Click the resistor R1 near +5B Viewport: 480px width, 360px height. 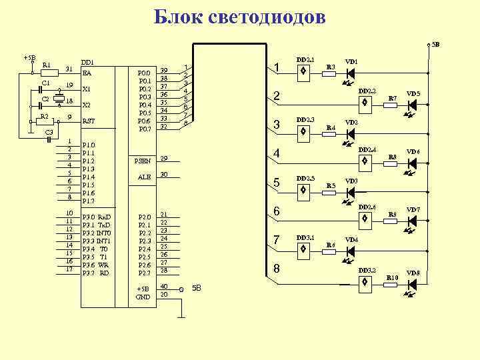(46, 72)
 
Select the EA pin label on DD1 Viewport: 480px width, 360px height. (86, 73)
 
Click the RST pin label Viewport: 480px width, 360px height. (88, 121)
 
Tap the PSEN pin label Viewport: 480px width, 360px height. (143, 161)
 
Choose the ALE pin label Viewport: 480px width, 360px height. (144, 177)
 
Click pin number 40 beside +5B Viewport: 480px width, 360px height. (164, 287)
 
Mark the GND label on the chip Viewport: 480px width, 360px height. (143, 295)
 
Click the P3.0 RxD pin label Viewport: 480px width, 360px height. (96, 217)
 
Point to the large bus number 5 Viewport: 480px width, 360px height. (277, 183)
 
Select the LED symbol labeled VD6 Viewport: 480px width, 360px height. (411, 162)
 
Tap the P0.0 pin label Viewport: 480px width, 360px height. (144, 73)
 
